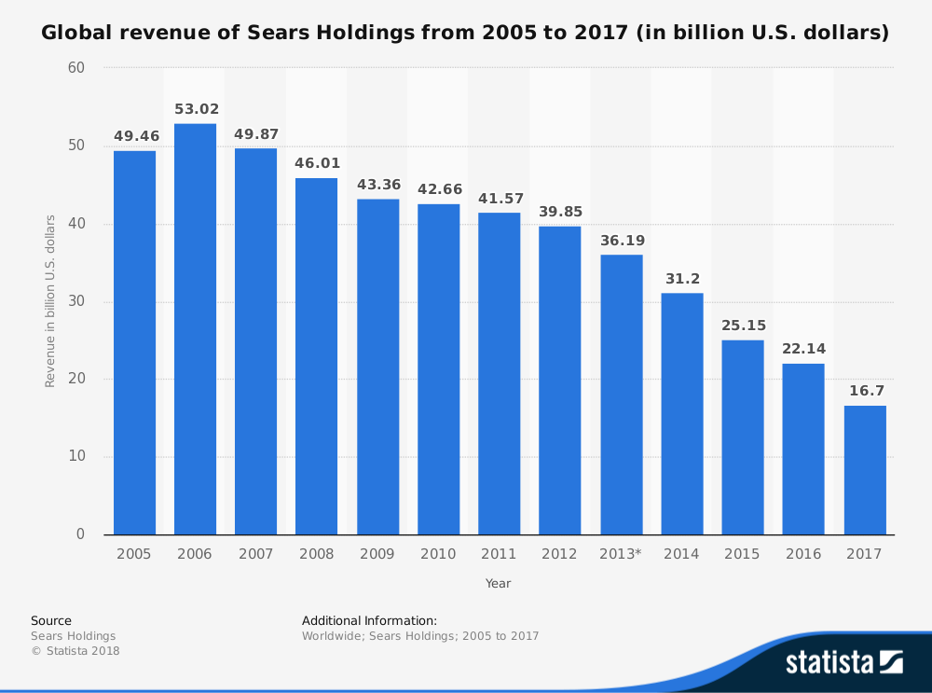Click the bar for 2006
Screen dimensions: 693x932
coord(195,328)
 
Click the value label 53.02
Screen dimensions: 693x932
coord(195,109)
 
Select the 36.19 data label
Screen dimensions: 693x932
coord(621,240)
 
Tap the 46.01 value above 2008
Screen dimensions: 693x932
coord(317,163)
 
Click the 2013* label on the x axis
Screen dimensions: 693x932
coord(621,554)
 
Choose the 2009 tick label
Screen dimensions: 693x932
coord(377,554)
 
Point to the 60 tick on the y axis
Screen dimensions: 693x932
coord(75,68)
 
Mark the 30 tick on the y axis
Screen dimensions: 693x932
coord(75,301)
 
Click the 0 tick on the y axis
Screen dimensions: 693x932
coord(80,534)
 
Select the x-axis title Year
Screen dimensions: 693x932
coord(498,583)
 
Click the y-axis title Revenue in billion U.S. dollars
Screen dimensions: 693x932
coord(50,300)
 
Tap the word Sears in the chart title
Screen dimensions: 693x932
coord(277,34)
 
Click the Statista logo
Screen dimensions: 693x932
coord(843,662)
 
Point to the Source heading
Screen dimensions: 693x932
coord(50,620)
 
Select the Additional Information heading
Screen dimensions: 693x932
coord(369,620)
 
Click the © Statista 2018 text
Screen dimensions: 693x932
coord(75,651)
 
